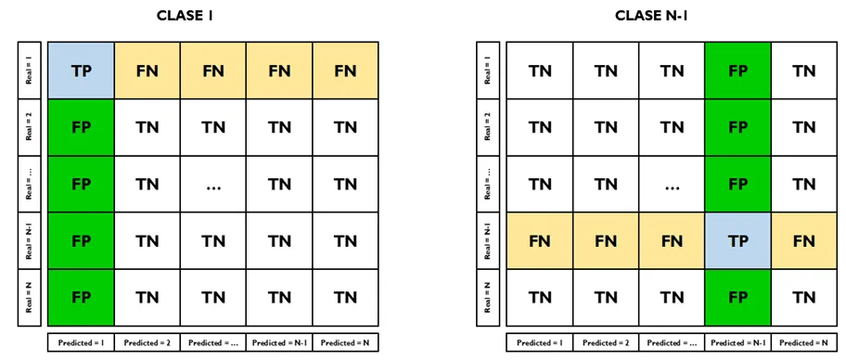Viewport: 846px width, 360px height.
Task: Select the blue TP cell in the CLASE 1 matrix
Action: (81, 70)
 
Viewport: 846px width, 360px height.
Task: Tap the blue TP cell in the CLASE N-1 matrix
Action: (737, 241)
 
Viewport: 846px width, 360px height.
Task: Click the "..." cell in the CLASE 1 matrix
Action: (213, 185)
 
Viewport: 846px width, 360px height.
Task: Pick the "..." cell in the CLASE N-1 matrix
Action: (671, 185)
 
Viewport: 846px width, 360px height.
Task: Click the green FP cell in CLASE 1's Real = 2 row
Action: (81, 127)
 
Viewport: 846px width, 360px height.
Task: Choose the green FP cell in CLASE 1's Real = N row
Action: (81, 298)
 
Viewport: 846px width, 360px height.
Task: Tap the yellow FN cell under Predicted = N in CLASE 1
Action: (345, 70)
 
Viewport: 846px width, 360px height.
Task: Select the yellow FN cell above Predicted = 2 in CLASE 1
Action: (147, 70)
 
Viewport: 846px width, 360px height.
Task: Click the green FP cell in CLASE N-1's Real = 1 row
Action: (737, 70)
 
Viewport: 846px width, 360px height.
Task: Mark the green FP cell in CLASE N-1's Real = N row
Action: (737, 298)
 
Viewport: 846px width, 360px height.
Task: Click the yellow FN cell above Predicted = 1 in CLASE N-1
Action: (538, 241)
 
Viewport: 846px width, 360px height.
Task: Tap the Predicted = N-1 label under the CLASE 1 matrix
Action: (279, 342)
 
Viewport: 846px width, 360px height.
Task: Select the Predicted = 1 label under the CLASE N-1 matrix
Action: (538, 342)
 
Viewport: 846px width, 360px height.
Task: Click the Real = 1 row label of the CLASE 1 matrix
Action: (31, 70)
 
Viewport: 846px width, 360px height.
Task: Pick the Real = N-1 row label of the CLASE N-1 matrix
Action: (488, 241)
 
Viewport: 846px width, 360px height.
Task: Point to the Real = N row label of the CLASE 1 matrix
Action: (31, 298)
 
